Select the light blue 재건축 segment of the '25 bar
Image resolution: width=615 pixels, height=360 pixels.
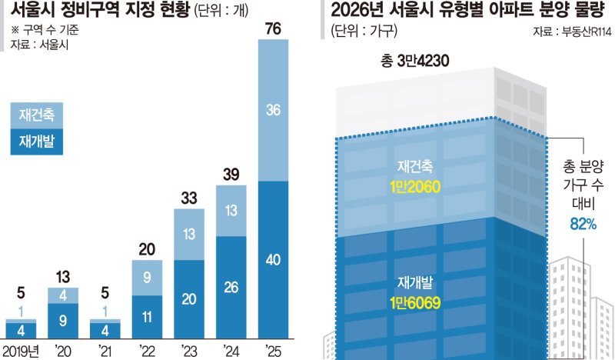[273, 110]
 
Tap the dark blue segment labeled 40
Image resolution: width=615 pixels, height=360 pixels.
[273, 259]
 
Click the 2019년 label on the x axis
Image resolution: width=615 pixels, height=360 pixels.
[21, 352]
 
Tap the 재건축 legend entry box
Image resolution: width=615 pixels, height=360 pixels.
[36, 114]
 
